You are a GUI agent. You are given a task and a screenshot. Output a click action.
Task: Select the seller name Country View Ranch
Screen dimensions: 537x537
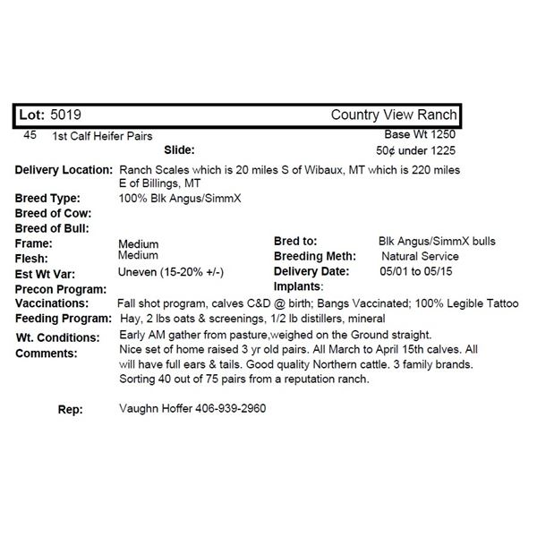tap(394, 115)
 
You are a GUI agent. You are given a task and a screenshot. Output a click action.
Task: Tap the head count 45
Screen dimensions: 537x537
tap(29, 134)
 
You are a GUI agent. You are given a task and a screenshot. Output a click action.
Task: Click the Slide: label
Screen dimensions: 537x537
tap(179, 150)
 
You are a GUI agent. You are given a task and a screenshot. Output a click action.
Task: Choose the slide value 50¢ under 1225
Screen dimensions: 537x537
tap(418, 150)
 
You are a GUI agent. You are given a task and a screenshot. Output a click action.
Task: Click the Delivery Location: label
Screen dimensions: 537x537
tap(64, 170)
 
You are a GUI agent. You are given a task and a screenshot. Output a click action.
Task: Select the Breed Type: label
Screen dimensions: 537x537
tap(47, 198)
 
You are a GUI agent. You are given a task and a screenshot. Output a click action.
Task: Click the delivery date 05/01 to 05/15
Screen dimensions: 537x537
tap(416, 271)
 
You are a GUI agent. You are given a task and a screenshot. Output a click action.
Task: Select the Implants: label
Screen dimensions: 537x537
tap(298, 286)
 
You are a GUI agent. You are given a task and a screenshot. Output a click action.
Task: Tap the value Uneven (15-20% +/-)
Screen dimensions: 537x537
tap(171, 272)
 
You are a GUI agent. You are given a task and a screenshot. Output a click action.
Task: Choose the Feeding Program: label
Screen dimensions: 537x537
tap(63, 319)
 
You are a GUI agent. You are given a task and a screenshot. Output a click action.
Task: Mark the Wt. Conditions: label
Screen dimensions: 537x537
tap(57, 337)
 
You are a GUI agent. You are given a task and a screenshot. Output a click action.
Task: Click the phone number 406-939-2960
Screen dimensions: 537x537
tap(226, 409)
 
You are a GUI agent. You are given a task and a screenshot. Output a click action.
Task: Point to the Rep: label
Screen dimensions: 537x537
tap(70, 409)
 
